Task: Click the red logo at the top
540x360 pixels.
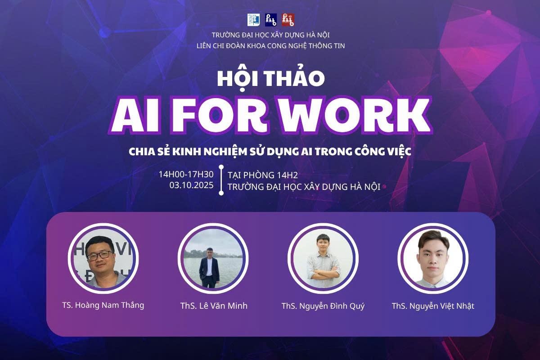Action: (288, 20)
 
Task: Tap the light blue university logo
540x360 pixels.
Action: (253, 20)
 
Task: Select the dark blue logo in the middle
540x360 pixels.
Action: (271, 20)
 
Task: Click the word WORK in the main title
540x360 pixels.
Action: (355, 115)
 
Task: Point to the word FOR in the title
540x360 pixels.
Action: (220, 115)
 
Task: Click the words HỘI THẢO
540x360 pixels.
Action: (271, 78)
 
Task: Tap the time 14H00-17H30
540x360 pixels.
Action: (186, 174)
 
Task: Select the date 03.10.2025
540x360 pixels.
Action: (191, 185)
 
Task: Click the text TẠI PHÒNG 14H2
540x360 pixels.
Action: (263, 175)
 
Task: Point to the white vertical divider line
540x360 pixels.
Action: (221, 180)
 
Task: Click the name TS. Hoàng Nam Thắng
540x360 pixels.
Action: (103, 305)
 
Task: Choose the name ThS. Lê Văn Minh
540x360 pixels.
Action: (214, 306)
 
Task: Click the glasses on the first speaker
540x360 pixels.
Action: (100, 256)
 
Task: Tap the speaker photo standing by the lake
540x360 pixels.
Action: (213, 258)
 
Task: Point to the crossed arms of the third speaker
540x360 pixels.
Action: (323, 273)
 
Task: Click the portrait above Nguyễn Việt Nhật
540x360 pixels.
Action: (433, 258)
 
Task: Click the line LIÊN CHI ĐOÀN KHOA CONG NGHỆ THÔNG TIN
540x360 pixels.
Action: (271, 46)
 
